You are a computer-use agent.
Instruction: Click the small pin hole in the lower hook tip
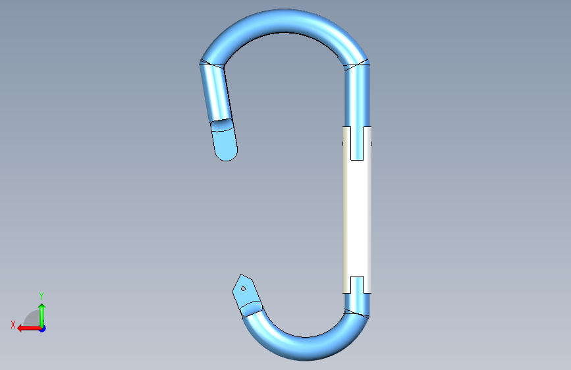point(243,289)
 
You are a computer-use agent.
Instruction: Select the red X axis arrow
point(29,329)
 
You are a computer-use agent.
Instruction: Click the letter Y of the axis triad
point(41,296)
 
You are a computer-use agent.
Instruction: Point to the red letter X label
point(13,325)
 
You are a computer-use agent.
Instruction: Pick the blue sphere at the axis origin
point(43,329)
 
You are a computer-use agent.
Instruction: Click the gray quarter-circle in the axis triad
point(32,319)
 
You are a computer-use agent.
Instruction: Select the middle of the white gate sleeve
point(357,219)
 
